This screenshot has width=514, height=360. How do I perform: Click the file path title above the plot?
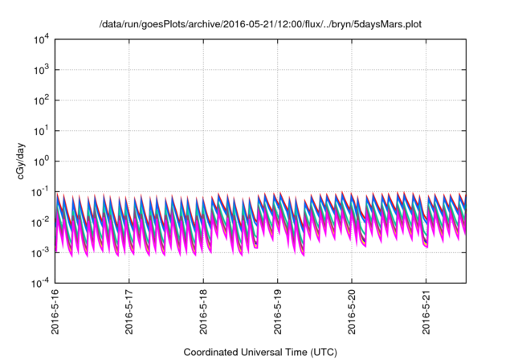point(259,25)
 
